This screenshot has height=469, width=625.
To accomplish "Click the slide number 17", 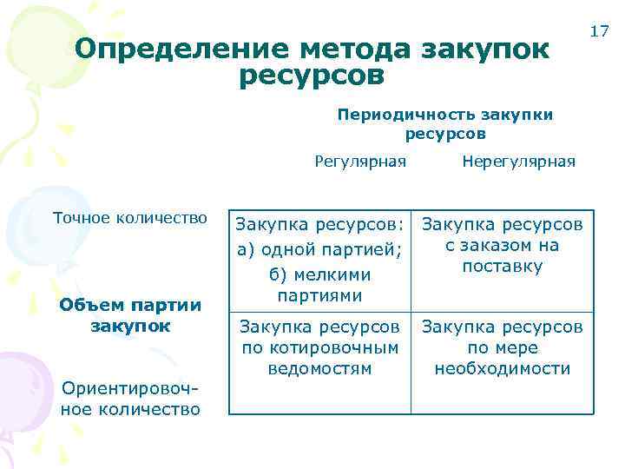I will pos(598,32).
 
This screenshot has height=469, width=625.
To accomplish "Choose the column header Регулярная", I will pos(360,161).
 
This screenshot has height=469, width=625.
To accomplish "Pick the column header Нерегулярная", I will pos(518,161).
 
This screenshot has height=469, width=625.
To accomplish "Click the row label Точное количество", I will pos(130,217).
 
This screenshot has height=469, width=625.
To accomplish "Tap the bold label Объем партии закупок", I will pos(130,316).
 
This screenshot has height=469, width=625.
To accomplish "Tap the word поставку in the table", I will pos(503,267).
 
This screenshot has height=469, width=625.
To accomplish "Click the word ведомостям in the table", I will pos(320,368).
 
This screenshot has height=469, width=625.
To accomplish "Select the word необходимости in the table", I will pos(503,368).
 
